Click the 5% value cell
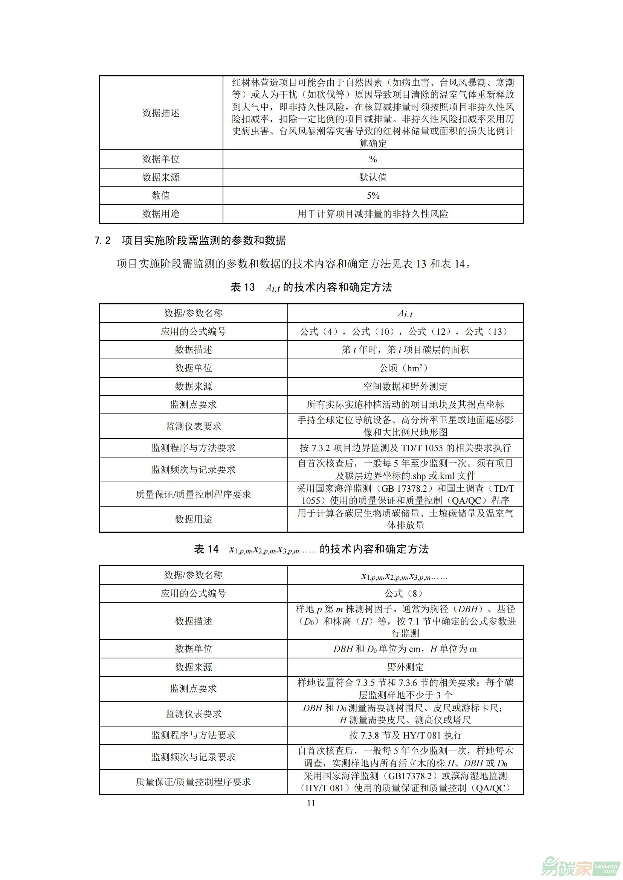coord(373,196)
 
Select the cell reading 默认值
coord(373,177)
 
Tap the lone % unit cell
coord(373,159)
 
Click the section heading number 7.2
coord(102,241)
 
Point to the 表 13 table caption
coord(311,287)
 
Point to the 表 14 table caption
coord(311,549)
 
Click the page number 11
coord(311,803)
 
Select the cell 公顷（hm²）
coord(405,368)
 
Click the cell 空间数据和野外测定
coord(405,386)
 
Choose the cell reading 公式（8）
coord(405,594)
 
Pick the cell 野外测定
coord(405,667)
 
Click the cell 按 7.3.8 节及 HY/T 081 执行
coord(405,735)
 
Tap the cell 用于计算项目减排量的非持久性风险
coord(373,214)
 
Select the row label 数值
coord(161,196)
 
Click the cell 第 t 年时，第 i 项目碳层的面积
coord(405,350)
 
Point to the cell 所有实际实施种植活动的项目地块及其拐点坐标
coord(405,404)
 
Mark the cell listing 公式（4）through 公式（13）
coord(405,331)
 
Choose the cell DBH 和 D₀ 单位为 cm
coord(405,649)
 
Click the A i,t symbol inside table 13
coord(405,313)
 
